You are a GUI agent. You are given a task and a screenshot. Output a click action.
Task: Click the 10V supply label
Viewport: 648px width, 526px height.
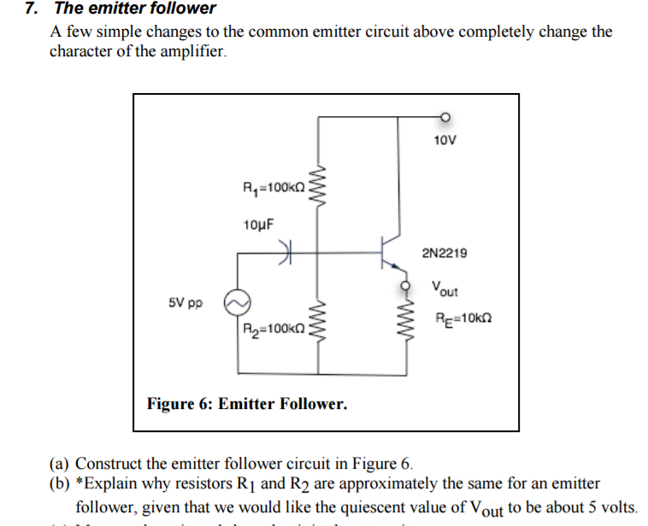click(445, 139)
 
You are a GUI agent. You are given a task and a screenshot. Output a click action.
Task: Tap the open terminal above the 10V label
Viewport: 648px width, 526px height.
click(445, 118)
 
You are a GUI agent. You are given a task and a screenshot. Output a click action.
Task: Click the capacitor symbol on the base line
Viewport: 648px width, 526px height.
click(286, 251)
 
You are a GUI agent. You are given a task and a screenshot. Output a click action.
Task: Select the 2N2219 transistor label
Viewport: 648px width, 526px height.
click(445, 253)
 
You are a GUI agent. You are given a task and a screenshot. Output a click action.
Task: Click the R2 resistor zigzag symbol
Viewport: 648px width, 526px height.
click(319, 324)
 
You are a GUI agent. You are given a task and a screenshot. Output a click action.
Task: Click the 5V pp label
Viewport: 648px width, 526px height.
click(185, 302)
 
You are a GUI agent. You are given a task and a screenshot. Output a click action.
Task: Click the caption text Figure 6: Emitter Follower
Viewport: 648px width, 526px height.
click(247, 403)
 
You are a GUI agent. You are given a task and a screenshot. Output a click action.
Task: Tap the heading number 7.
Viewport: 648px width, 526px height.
click(31, 9)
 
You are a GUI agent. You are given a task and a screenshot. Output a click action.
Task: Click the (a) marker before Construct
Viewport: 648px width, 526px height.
click(60, 465)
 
